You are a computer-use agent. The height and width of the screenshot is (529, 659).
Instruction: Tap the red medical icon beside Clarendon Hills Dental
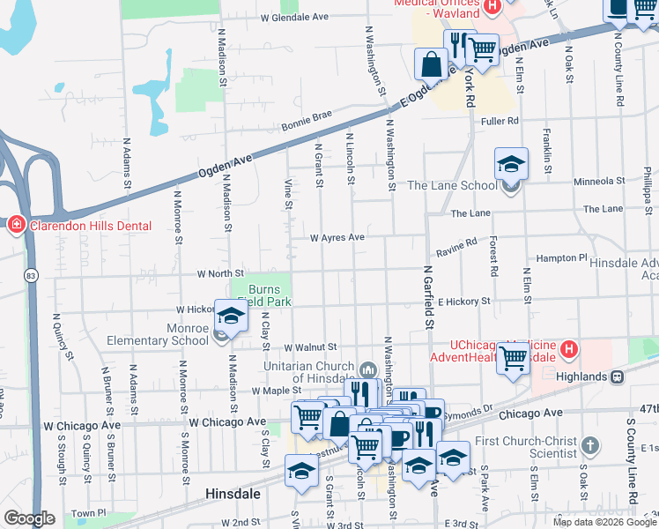click(x=16, y=226)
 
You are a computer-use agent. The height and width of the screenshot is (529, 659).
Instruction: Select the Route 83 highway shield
click(x=31, y=274)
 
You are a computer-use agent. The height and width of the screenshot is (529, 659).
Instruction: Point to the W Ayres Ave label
click(x=337, y=237)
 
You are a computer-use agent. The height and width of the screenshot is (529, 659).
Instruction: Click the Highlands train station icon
click(x=617, y=376)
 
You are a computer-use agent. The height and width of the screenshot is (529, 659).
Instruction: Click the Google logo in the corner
click(x=29, y=518)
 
